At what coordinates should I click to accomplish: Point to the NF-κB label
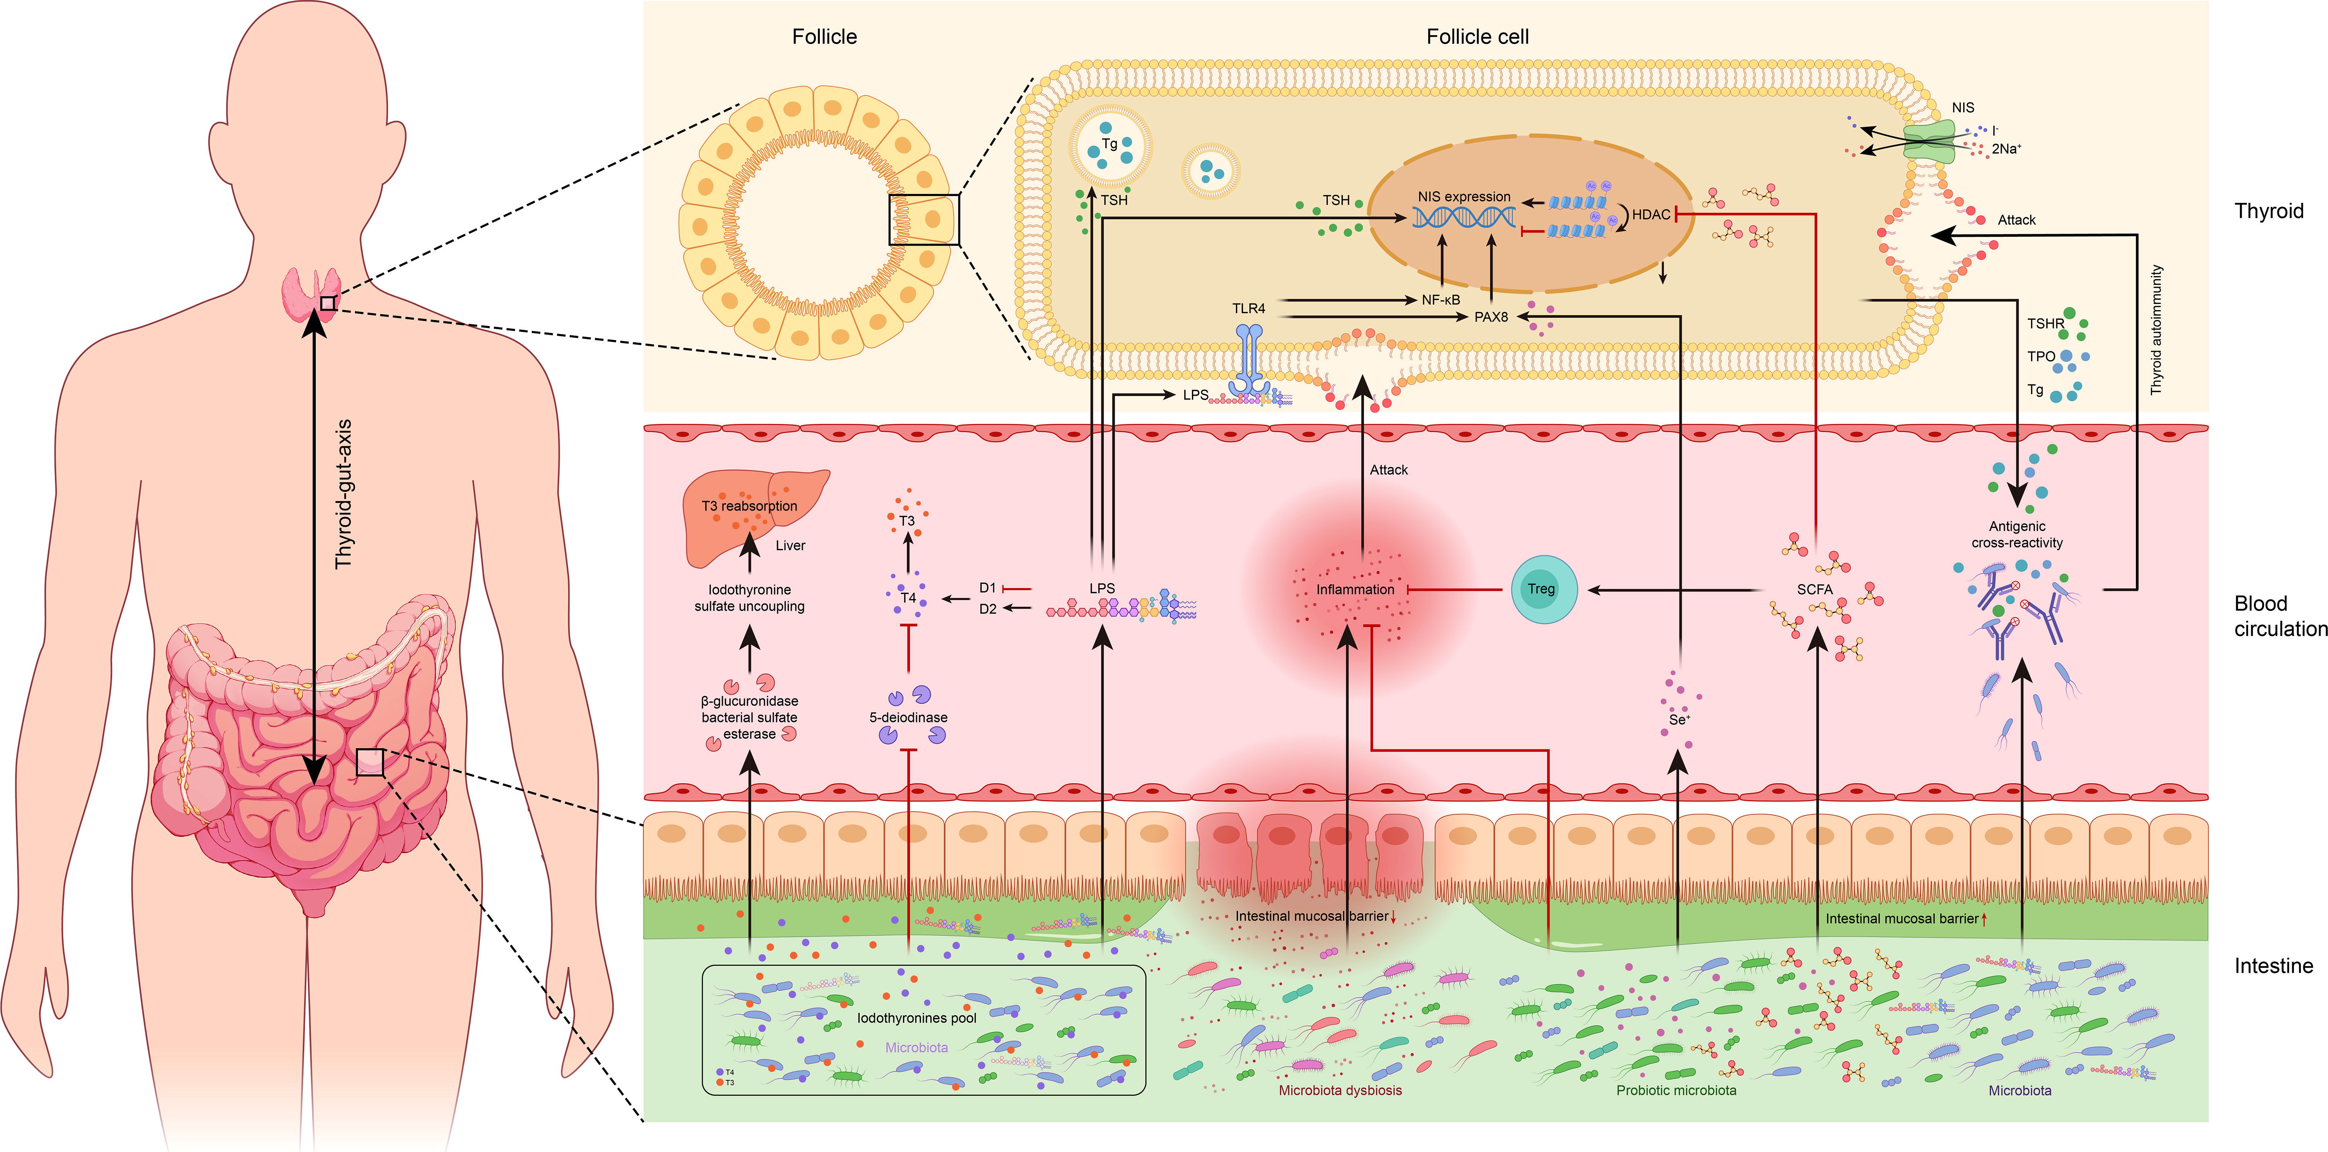click(1440, 299)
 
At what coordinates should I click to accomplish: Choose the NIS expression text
click(1464, 196)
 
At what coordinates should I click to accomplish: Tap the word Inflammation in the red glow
click(1355, 589)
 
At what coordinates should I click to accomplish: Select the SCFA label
click(1815, 589)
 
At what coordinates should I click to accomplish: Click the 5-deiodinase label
click(908, 717)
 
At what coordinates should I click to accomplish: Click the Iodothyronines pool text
click(917, 1018)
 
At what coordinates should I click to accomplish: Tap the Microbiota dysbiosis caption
click(1340, 1091)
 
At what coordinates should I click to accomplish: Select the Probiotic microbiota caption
click(1676, 1091)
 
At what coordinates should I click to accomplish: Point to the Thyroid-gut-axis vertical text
click(343, 494)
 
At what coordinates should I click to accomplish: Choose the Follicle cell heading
click(1477, 37)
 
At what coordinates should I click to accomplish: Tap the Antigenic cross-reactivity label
click(2017, 534)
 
